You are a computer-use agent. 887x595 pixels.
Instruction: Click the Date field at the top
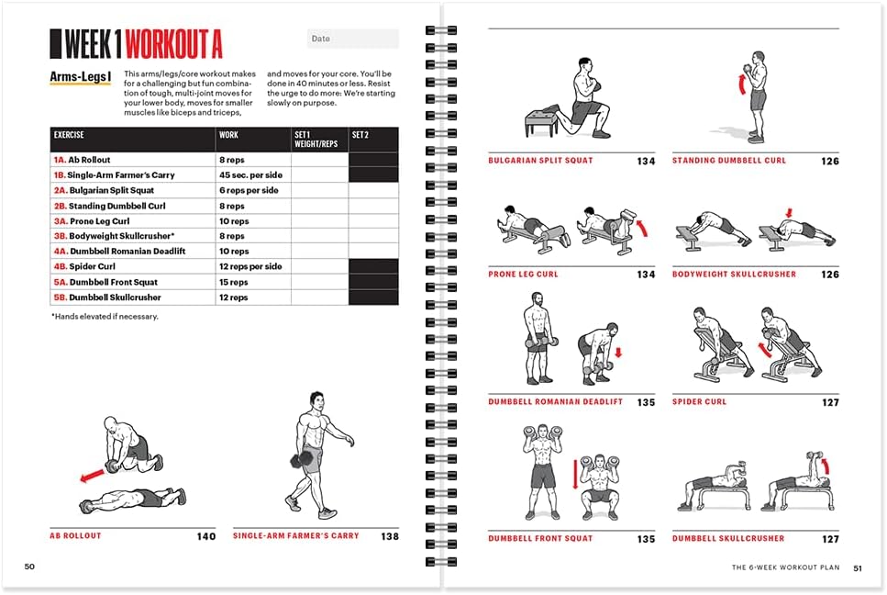[352, 39]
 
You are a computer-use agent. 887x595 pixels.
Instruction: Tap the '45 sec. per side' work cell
[250, 175]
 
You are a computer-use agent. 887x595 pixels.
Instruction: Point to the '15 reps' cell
[234, 282]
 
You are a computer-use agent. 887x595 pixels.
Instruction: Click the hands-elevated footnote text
[105, 317]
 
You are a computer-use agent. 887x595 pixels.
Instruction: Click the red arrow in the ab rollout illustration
[91, 476]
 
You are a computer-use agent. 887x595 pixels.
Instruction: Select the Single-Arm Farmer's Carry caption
[295, 535]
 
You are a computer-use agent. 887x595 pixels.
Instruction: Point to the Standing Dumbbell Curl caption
[729, 161]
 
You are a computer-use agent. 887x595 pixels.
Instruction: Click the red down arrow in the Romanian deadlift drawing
[617, 352]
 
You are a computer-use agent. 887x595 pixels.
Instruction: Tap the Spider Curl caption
[700, 402]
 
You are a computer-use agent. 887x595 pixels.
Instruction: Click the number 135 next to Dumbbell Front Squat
[646, 539]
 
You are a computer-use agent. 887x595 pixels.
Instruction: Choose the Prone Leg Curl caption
[523, 275]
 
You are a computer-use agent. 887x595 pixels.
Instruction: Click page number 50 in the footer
[29, 567]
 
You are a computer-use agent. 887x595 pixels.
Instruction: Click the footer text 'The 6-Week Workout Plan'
[785, 567]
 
